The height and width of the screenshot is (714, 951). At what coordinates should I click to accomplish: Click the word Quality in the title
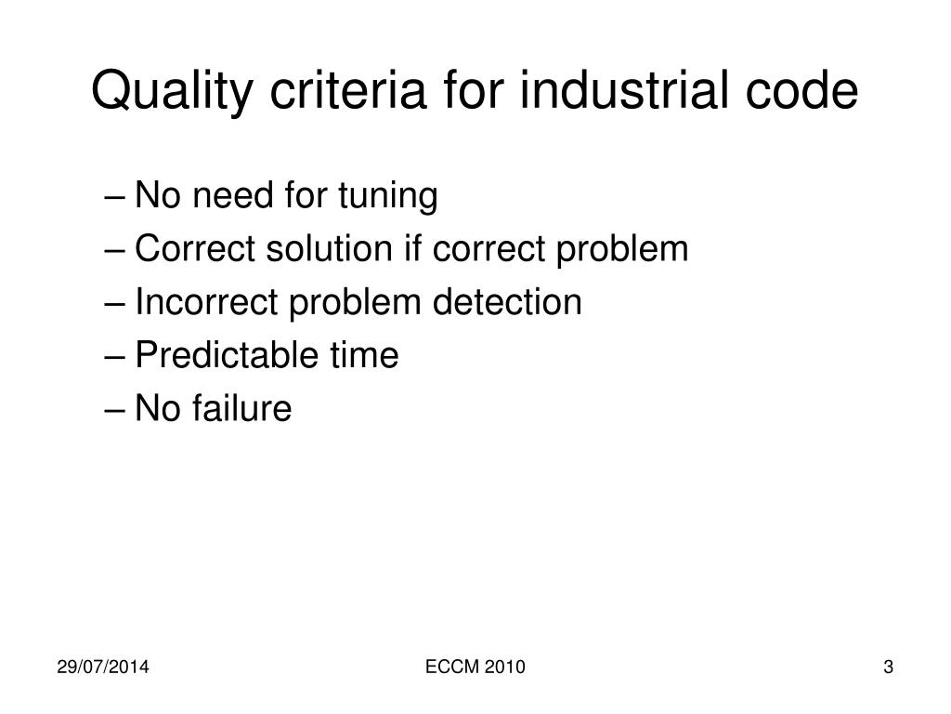tap(172, 91)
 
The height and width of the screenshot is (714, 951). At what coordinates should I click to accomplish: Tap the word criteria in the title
tap(348, 90)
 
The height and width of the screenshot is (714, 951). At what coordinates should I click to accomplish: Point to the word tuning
tap(387, 196)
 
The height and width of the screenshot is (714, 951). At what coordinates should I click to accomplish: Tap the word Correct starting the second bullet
tap(195, 248)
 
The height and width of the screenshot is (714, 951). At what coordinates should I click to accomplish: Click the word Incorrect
tap(206, 302)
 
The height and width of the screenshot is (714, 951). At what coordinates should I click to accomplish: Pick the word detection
tap(507, 302)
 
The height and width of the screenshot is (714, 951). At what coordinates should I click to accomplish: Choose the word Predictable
tap(227, 354)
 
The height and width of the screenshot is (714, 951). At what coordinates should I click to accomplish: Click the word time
tap(364, 354)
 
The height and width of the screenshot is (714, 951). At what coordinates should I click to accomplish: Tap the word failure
tap(242, 407)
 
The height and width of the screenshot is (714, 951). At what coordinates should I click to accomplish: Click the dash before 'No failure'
tap(114, 410)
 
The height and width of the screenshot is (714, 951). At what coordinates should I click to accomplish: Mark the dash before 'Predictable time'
tap(114, 358)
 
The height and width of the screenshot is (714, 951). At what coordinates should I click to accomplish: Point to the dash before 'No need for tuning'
tap(114, 198)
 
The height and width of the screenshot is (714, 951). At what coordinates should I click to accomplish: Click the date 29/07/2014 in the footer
tap(103, 667)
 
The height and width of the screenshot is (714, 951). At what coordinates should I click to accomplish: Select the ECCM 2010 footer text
tap(475, 667)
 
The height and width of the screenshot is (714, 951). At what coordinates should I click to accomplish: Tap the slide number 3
tap(889, 667)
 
